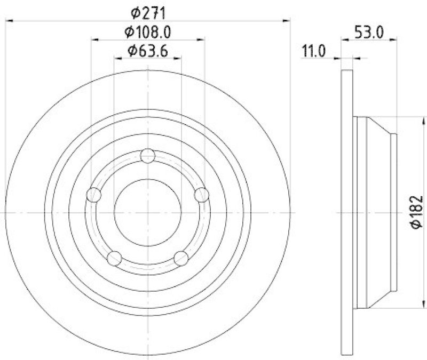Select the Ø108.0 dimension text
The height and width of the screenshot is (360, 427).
point(148,32)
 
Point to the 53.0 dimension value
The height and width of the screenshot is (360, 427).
point(369,32)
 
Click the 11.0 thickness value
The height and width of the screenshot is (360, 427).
point(315,51)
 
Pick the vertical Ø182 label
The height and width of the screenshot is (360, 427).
point(417,212)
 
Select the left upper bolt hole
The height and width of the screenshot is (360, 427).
point(93,195)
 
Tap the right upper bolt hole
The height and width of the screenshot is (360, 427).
point(201,195)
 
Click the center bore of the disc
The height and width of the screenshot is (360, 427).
point(147,212)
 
